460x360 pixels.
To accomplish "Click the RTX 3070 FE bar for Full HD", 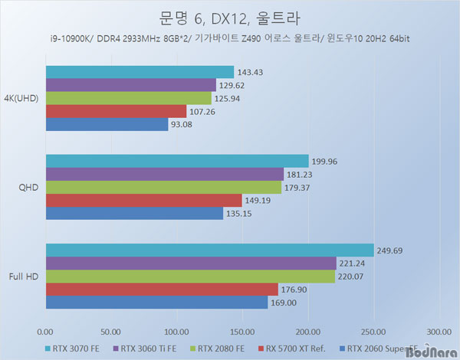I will click(209, 250).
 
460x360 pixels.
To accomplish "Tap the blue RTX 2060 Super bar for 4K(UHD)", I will click(107, 124).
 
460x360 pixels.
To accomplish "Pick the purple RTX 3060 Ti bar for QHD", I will click(164, 174).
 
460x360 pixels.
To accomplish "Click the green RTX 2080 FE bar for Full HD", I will click(190, 276).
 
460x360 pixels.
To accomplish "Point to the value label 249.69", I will click(391, 250).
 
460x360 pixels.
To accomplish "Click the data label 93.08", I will click(185, 125).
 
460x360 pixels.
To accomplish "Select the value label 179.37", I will click(298, 188).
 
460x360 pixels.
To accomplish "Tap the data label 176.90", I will click(295, 290).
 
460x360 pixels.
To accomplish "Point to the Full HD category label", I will click(25, 276).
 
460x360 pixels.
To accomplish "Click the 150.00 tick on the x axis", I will click(242, 332).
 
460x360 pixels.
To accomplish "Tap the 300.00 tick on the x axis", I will click(439, 332).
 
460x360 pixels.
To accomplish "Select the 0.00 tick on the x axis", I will click(45, 332).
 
